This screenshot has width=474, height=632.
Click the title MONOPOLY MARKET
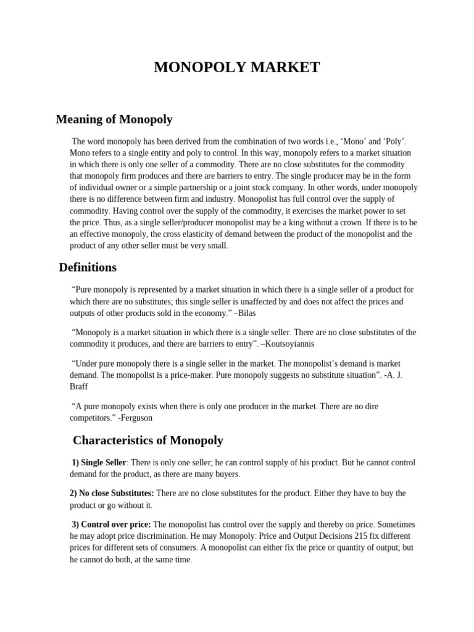237,67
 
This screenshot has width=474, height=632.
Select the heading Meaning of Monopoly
114,119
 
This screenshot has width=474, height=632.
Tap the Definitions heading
88,267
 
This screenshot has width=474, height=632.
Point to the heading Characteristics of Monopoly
148,441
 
